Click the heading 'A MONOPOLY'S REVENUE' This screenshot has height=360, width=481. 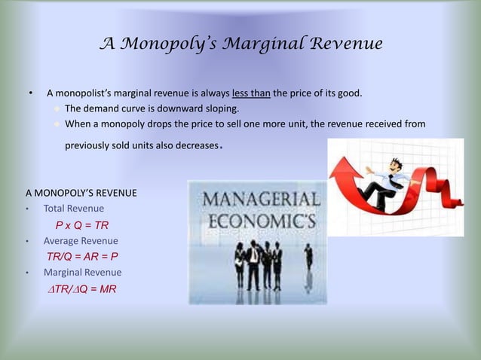pos(81,193)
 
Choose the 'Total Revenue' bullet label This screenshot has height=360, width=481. pos(74,209)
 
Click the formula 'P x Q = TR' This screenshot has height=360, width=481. pos(82,224)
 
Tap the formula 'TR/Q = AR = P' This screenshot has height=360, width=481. pos(82,256)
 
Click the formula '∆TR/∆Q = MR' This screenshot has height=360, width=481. pos(82,288)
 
